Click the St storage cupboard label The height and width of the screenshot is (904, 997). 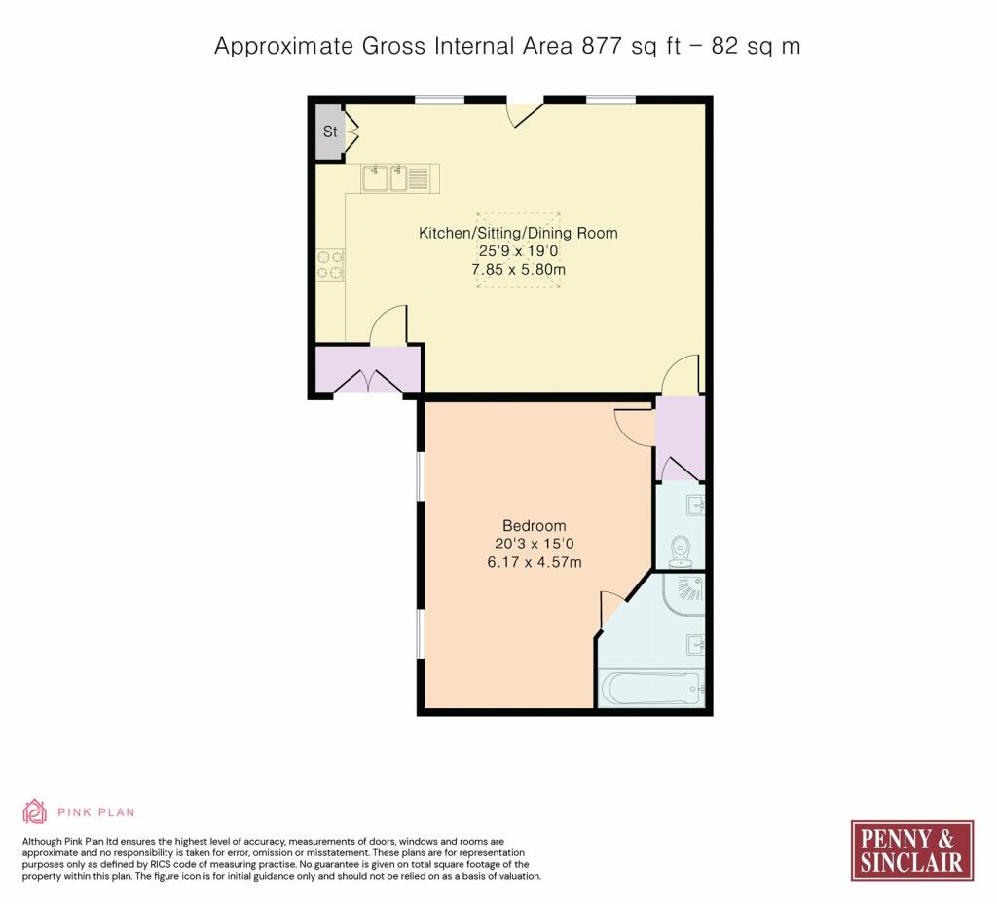(x=330, y=132)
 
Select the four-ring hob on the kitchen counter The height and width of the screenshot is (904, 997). (x=331, y=265)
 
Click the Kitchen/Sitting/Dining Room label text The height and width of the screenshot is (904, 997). (x=518, y=233)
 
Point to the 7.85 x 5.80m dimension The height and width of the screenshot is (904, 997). (x=518, y=269)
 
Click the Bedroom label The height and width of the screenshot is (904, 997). (x=535, y=525)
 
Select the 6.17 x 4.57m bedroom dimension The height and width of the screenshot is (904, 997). (x=535, y=562)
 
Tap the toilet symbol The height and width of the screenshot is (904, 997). (x=681, y=551)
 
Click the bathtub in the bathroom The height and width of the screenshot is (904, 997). (x=651, y=687)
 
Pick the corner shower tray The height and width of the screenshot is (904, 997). (x=684, y=594)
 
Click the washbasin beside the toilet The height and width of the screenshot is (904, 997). (x=695, y=506)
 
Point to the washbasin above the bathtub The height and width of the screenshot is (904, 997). (x=695, y=645)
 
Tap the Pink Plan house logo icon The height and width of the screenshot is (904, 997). (x=35, y=811)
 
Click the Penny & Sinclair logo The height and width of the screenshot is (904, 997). (x=911, y=850)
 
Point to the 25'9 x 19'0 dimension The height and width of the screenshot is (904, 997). (x=518, y=251)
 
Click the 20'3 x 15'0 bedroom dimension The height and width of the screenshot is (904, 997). (x=535, y=544)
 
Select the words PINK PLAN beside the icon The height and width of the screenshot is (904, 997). (x=96, y=812)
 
